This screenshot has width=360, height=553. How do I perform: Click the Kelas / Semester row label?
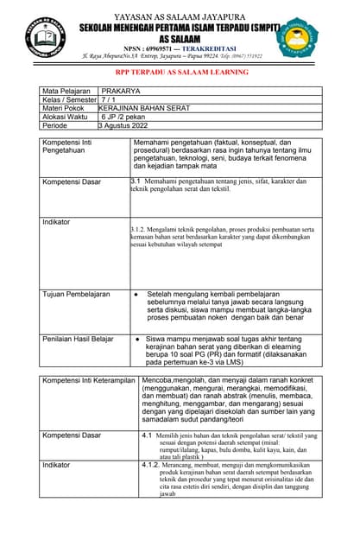pos(70,99)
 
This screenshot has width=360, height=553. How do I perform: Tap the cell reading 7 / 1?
pos(111,99)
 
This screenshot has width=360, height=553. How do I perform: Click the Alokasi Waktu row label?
pos(65,117)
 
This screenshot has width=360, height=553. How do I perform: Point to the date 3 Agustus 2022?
pos(130,125)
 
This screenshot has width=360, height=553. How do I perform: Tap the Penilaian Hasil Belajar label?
pos(79,339)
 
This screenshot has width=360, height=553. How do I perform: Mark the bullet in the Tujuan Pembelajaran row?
pos(136,295)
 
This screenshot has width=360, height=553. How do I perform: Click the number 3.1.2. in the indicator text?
pos(144,230)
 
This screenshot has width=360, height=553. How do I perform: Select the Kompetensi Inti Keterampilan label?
pos(90,380)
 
